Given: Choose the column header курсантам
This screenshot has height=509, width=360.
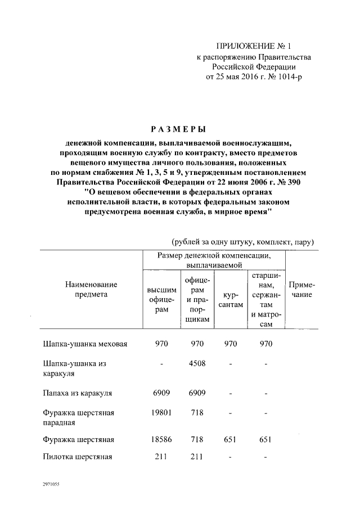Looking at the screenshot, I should [232, 300].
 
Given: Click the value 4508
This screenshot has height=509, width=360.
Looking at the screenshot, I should [197, 364].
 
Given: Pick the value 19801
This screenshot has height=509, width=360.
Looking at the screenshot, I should [161, 413].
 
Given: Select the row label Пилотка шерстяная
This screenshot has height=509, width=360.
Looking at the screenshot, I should [78, 457].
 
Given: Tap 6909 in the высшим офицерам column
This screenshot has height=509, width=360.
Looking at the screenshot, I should [161, 393].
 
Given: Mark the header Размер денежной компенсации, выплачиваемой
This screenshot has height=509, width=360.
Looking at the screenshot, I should [213, 259].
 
